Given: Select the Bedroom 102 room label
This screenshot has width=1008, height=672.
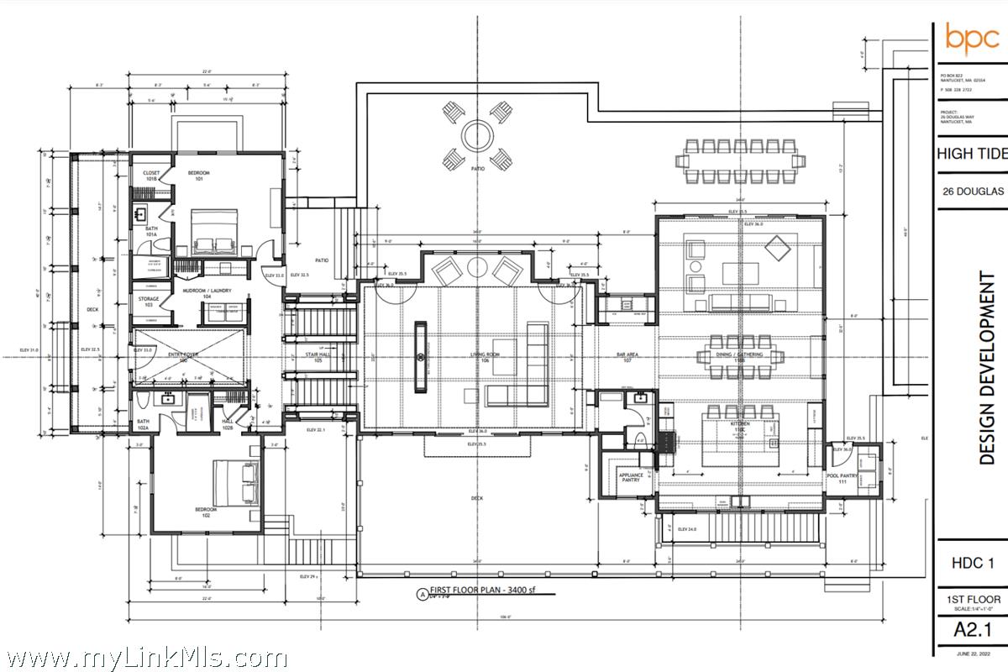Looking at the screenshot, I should [205, 512].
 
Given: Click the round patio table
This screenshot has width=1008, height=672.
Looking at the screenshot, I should [478, 134].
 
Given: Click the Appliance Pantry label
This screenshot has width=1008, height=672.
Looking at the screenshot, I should [631, 478].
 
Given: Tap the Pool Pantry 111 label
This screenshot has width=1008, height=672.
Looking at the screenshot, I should [841, 478].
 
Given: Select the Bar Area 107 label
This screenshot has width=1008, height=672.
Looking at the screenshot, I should [628, 357].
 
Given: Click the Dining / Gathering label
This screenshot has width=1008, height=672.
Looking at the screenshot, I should [739, 356].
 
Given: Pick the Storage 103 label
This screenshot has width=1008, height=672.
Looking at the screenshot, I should [150, 302].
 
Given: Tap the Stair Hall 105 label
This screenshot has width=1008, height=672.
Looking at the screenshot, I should [316, 357].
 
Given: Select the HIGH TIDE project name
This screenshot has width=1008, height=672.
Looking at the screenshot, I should [971, 154].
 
